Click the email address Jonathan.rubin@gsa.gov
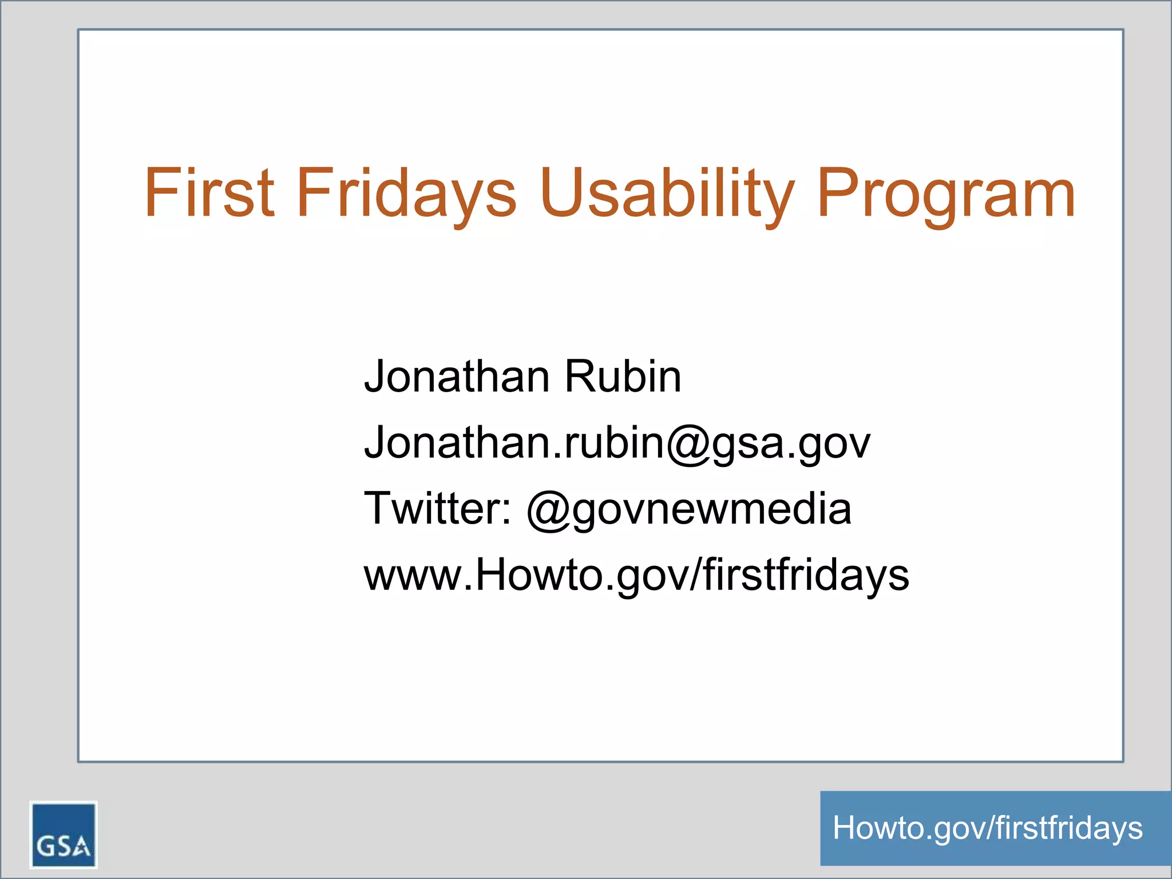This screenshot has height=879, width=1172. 617,443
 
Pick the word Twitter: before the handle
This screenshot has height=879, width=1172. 438,509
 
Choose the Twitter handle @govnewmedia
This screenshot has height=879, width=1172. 689,510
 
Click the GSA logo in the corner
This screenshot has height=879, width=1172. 64,835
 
